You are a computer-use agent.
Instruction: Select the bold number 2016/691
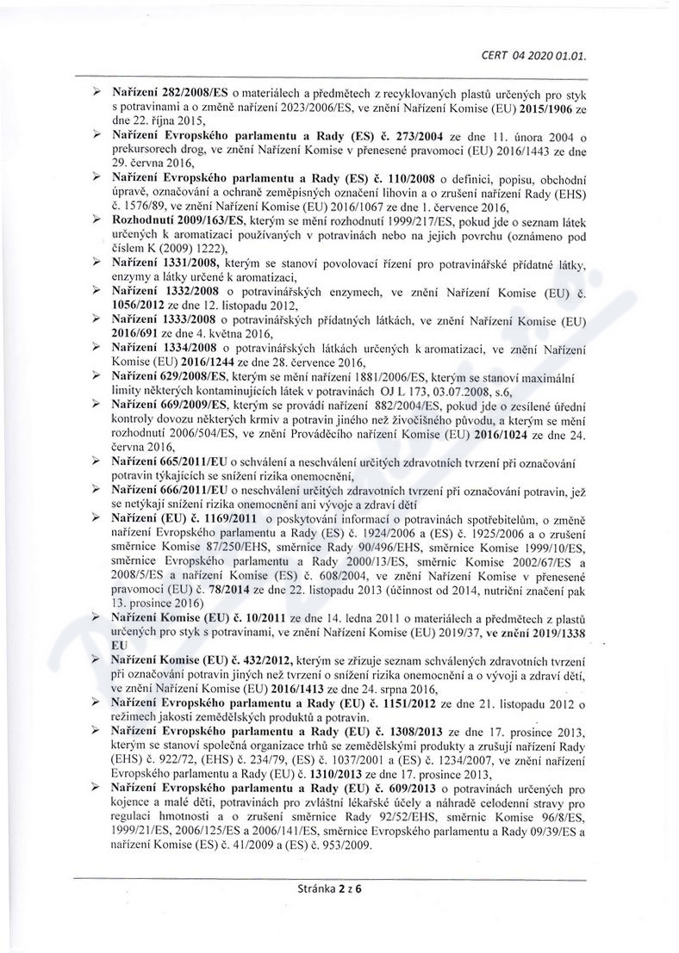[140, 333]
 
